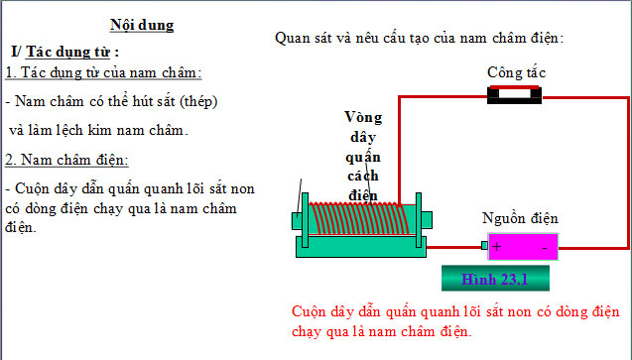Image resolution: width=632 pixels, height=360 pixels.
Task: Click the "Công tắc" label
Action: [516, 72]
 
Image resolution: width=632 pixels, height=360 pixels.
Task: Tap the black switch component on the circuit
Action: [515, 95]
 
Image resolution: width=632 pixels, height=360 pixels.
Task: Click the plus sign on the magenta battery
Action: [496, 246]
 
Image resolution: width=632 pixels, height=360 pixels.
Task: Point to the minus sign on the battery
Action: [544, 246]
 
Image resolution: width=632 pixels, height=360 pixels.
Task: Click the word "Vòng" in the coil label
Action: [363, 116]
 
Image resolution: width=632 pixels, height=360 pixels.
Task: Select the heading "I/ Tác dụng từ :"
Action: [65, 51]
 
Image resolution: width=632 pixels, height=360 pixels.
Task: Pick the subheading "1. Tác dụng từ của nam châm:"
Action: [103, 73]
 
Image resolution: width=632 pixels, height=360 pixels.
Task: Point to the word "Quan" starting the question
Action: [294, 38]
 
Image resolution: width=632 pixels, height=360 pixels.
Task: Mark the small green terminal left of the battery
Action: [484, 246]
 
